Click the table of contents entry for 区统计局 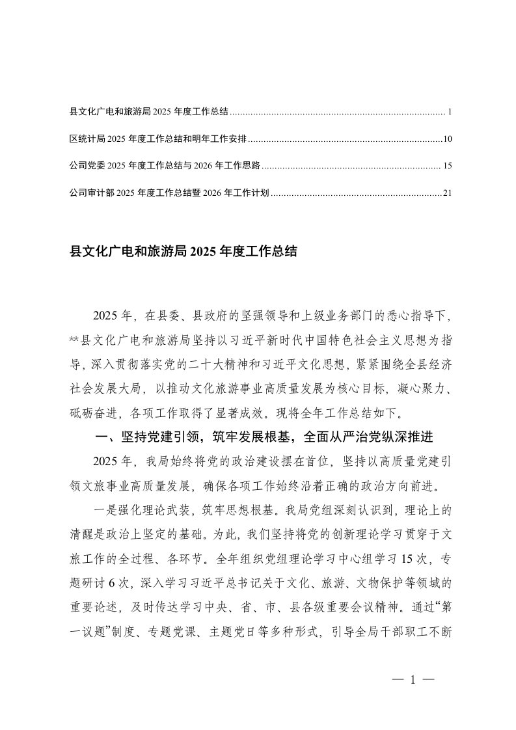(159, 139)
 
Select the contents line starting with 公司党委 (165, 166)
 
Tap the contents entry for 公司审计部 (169, 193)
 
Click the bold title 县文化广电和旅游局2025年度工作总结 (183, 252)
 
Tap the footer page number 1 (413, 680)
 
